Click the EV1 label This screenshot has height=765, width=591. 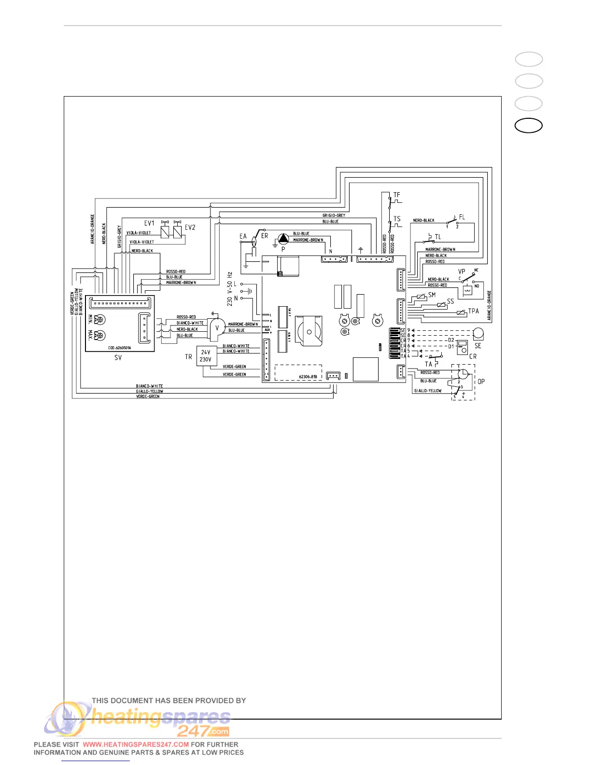point(149,223)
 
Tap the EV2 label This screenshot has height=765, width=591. point(190,227)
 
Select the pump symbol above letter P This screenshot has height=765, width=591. point(282,239)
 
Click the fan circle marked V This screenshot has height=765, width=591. point(217,328)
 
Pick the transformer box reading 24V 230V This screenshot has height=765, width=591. point(206,356)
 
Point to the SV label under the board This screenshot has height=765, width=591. point(118,358)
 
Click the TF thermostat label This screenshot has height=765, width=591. point(397,195)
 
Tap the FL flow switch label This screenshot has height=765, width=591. point(462,217)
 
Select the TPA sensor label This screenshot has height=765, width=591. point(474,311)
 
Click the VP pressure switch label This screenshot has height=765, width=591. point(462,272)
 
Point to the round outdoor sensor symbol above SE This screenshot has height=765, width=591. point(478,333)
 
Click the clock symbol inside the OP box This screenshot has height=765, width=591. point(463,374)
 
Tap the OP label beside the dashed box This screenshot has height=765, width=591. point(481,382)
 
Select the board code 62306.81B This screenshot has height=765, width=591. point(308,377)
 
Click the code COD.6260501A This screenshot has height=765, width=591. point(119,348)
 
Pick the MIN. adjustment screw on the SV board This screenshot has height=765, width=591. point(100,319)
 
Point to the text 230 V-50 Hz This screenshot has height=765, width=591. point(230,289)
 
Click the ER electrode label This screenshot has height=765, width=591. point(265,236)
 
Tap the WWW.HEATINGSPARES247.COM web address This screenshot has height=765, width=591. point(136,745)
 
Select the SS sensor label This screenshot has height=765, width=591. point(450,301)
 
